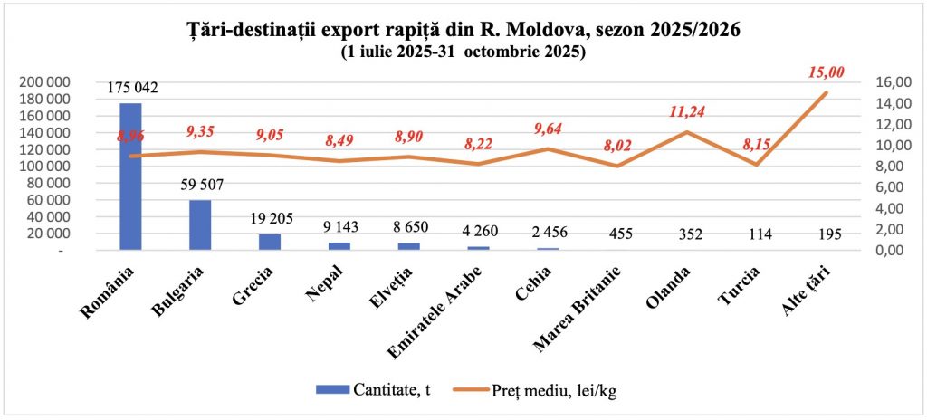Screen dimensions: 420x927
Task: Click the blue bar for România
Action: [x=130, y=177]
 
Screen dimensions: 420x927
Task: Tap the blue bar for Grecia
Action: [x=270, y=242]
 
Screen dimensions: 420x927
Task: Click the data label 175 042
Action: [x=132, y=89]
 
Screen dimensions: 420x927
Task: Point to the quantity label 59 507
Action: [x=201, y=186]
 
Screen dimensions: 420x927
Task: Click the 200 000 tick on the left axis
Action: [x=44, y=82]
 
